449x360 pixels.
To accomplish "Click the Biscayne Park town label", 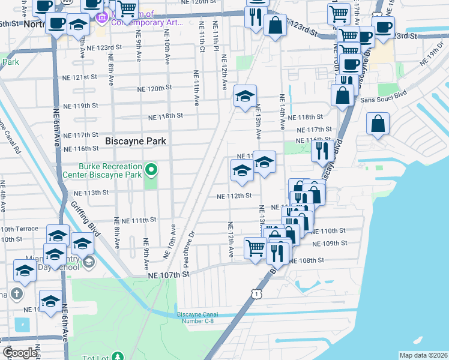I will coord(135,141).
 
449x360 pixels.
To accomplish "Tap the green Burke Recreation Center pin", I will coord(152,170).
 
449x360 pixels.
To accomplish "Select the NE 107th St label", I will coord(169,274).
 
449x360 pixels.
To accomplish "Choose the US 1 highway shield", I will coord(257,293).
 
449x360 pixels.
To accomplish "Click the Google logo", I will coord(20,353).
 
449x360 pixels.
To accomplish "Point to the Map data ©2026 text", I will coord(423,355).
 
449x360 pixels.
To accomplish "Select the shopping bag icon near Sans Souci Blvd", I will coord(342,94).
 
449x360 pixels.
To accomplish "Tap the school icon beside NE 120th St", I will coord(245,95).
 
